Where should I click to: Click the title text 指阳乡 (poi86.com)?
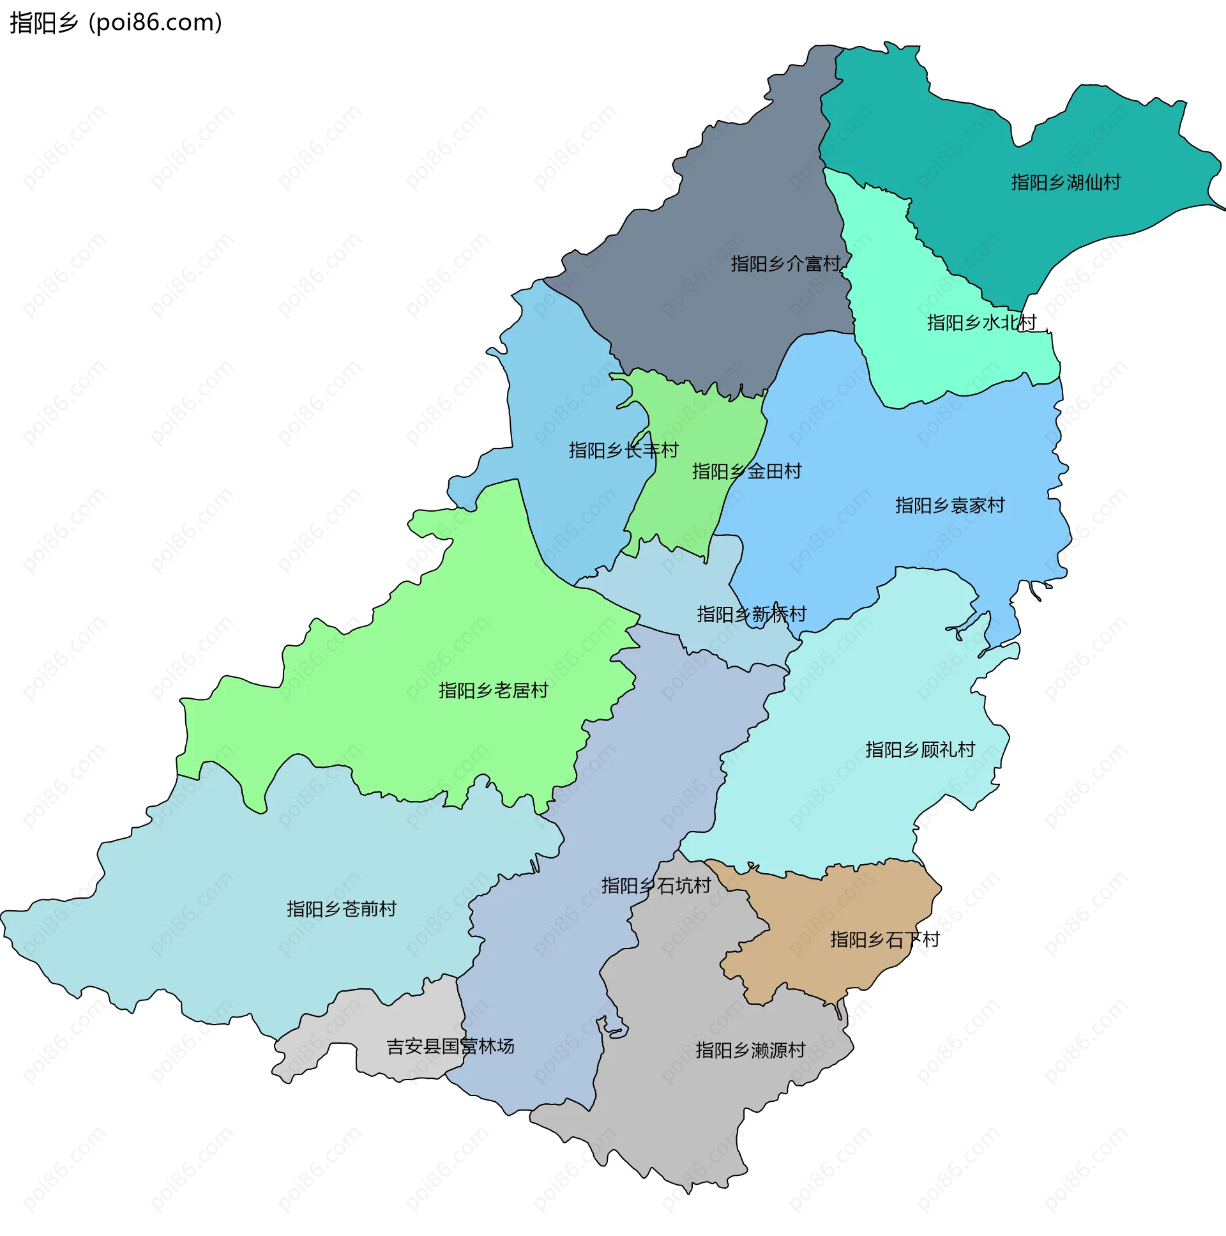[116, 23]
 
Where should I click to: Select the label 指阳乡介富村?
[785, 264]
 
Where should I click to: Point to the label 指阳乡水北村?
[981, 323]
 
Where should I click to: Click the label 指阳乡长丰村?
[623, 450]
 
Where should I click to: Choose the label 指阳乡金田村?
[746, 471]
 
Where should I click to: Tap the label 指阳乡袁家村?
[949, 505]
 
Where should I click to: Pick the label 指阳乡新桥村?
[751, 614]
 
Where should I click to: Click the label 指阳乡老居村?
[493, 690]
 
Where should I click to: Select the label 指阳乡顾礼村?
[919, 749]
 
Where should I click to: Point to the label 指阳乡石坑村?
[656, 885]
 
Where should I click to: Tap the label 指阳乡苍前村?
[342, 908]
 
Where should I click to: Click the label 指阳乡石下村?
[884, 939]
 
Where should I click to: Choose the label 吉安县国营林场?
[450, 1046]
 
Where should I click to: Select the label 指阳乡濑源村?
[750, 1050]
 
